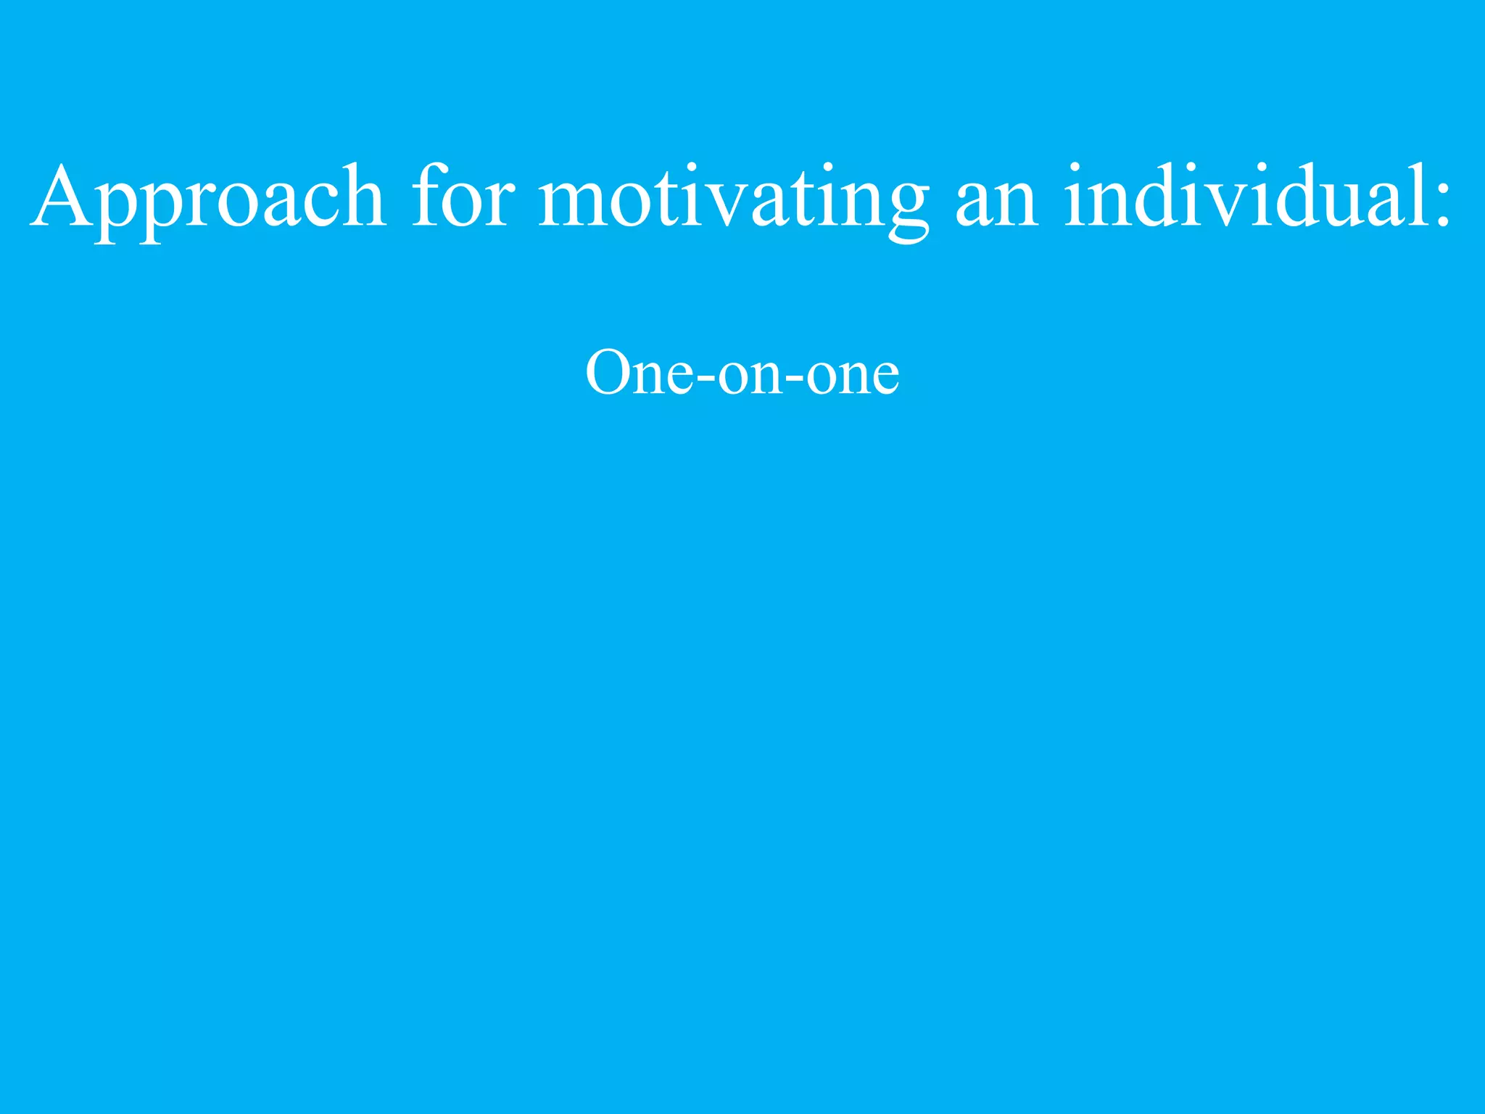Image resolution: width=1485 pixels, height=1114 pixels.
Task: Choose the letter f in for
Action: tap(427, 194)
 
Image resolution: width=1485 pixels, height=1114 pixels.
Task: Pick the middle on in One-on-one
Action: tap(750, 377)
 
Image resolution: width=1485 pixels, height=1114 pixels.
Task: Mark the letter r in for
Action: tap(500, 203)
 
